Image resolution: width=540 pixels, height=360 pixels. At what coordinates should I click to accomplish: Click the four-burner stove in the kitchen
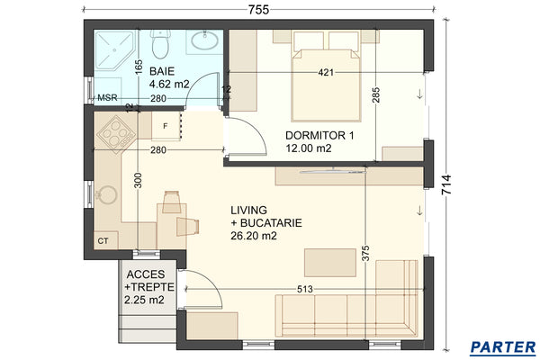point(115,134)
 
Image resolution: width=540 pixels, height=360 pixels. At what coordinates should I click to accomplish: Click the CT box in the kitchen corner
point(103,240)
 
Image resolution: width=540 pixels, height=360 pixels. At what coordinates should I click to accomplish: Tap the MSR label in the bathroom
point(107,98)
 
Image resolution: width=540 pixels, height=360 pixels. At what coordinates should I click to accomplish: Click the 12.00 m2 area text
point(309,149)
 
